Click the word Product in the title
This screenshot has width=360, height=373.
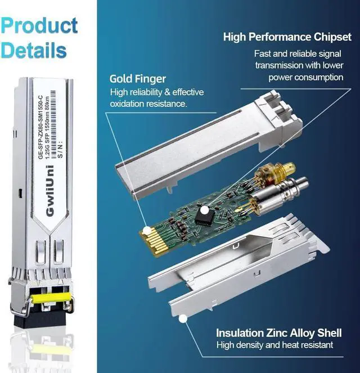(x=39, y=25)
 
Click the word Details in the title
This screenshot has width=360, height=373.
(x=34, y=50)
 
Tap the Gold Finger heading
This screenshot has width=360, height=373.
(x=138, y=79)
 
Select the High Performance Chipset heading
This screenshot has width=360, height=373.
(x=287, y=37)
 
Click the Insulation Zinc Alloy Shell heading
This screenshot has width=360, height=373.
(x=278, y=333)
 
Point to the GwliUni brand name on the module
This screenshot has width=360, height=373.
(x=50, y=191)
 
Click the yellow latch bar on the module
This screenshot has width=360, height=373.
(x=51, y=298)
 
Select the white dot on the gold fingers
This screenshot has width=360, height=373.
(x=147, y=230)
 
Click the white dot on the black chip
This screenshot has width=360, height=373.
(x=204, y=210)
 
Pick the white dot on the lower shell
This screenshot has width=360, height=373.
(x=183, y=319)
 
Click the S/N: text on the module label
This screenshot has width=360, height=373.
(x=60, y=150)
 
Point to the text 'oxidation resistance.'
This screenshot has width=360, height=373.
(x=148, y=104)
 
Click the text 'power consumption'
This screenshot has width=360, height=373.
(x=306, y=78)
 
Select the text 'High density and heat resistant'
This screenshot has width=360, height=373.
(x=274, y=345)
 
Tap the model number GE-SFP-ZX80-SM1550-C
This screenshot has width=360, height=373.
(x=40, y=127)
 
